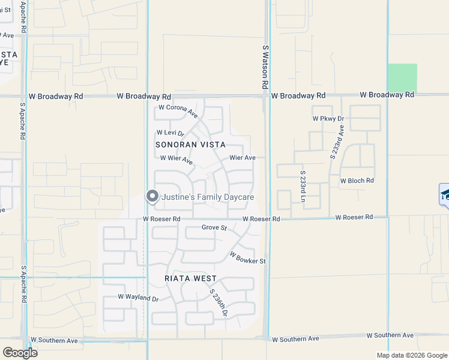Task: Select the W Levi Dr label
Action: click(170, 133)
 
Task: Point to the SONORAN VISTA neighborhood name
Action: click(191, 145)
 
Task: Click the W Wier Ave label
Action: click(176, 159)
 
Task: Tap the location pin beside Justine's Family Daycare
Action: click(152, 196)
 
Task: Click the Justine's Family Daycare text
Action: click(208, 197)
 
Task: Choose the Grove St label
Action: click(214, 227)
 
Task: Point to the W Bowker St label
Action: click(247, 257)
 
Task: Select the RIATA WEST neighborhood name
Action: click(190, 278)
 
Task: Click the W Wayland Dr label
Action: click(138, 298)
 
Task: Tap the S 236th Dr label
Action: click(219, 303)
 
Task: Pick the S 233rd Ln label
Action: click(303, 189)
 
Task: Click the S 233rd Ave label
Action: click(337, 142)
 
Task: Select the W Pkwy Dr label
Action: click(328, 119)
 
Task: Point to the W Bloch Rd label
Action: click(357, 180)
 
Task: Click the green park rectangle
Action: click(402, 77)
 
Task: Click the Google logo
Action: click(20, 352)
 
